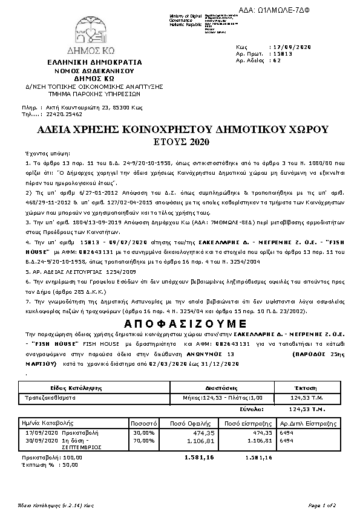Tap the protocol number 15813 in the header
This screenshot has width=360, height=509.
pos(280,53)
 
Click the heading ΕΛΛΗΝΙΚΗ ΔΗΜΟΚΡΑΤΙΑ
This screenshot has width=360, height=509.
pos(94,62)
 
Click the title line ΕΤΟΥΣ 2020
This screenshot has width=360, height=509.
pos(182,141)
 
